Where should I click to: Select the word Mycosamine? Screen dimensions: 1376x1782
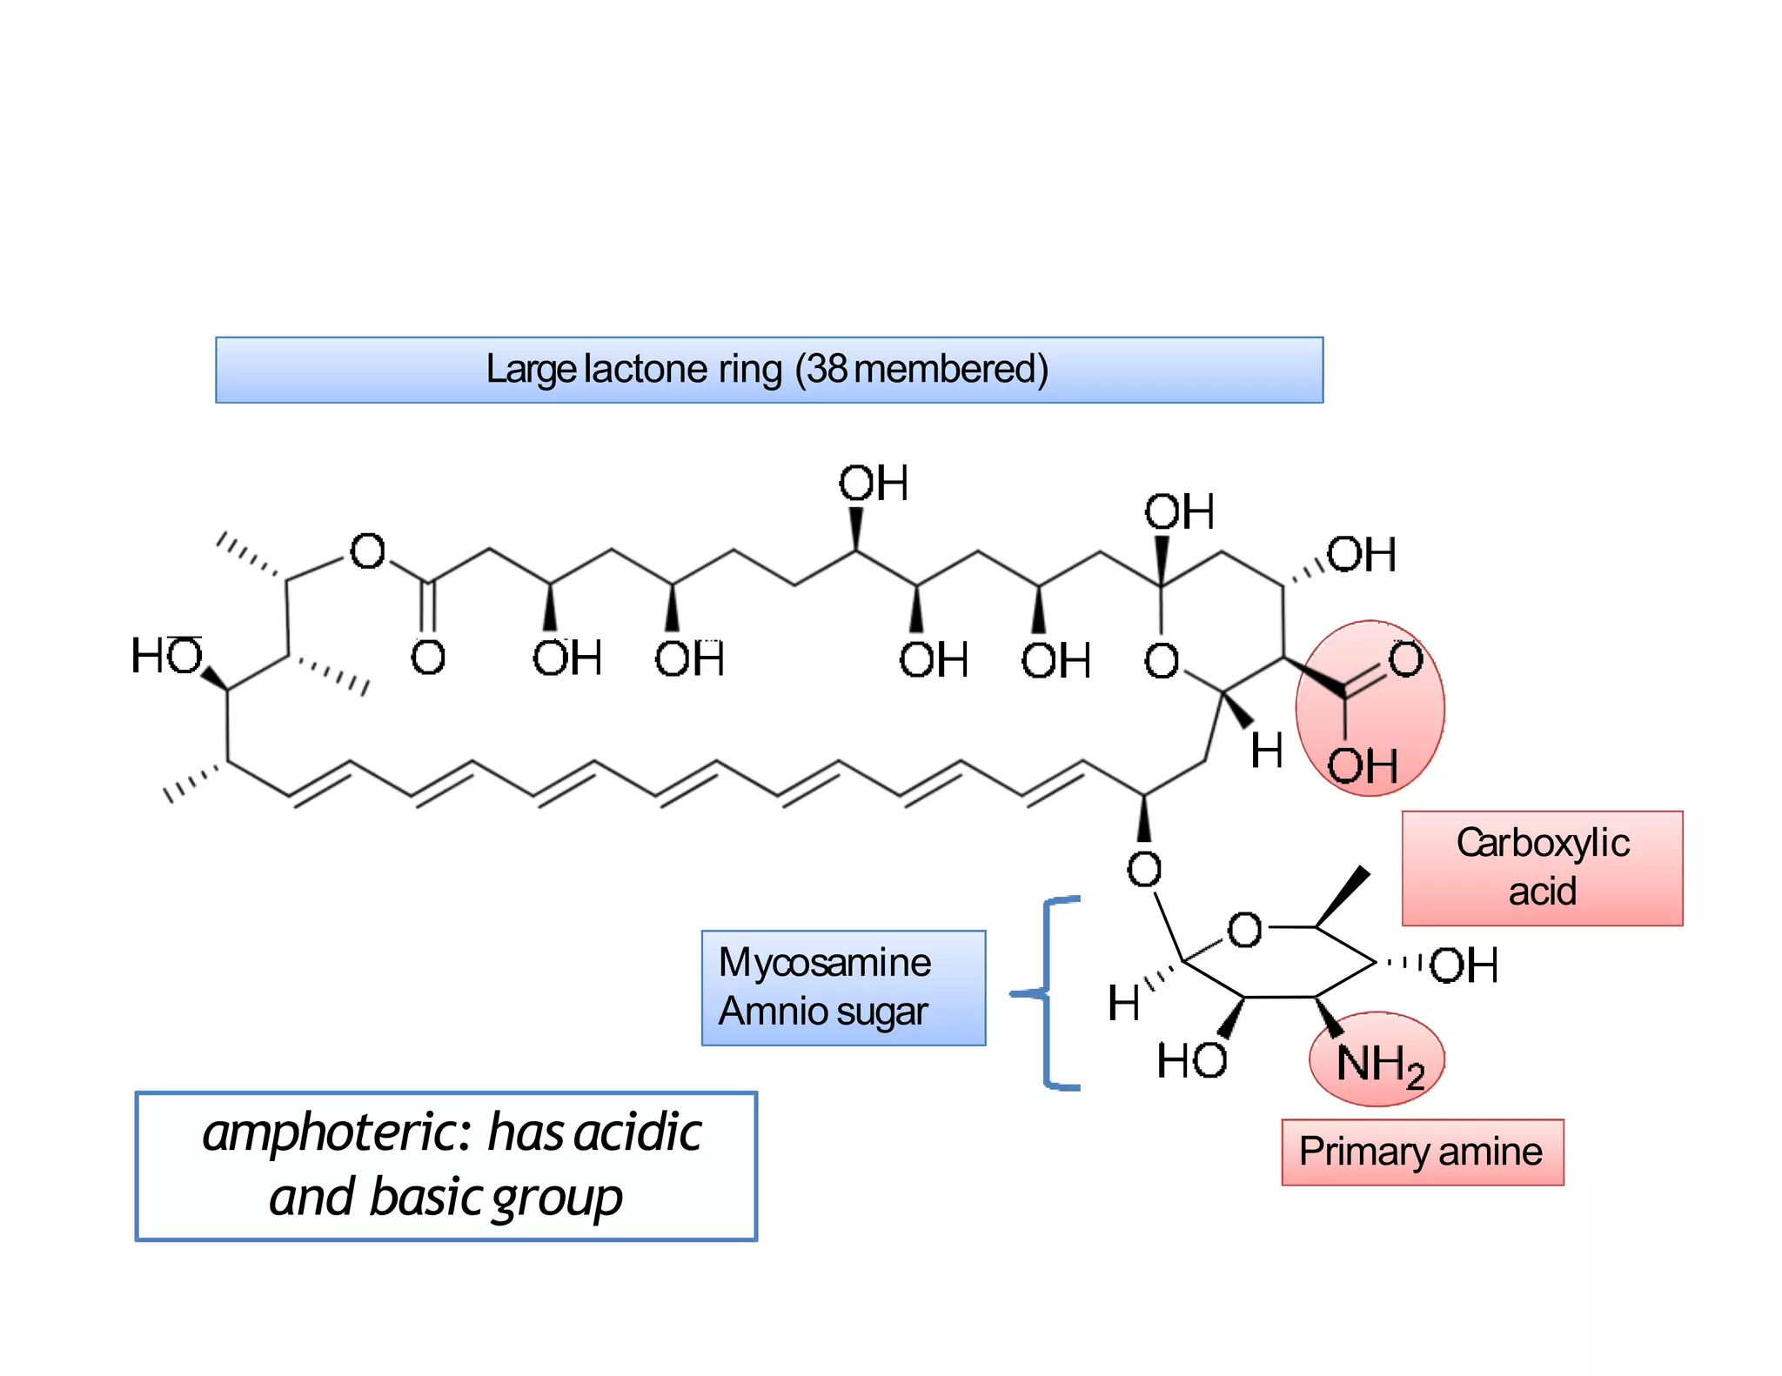(824, 963)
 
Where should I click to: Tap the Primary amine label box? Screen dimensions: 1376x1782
(1422, 1152)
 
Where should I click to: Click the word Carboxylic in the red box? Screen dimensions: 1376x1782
(1543, 843)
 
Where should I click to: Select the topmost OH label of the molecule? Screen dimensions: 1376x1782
(873, 484)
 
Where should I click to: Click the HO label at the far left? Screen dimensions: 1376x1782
(166, 656)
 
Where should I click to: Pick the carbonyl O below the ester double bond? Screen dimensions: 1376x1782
(427, 658)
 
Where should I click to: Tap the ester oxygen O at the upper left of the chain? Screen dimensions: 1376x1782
(367, 551)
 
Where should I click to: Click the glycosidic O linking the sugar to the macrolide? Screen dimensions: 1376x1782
(1143, 869)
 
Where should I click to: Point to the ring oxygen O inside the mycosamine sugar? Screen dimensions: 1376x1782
(1243, 931)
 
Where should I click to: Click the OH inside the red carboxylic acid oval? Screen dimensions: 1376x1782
(1362, 766)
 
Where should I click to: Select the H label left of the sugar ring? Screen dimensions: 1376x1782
(1123, 1003)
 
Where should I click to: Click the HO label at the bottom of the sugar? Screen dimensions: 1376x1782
(1191, 1061)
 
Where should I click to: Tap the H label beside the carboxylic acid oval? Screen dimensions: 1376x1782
(1266, 751)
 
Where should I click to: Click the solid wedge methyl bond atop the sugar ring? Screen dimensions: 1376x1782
(1343, 896)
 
